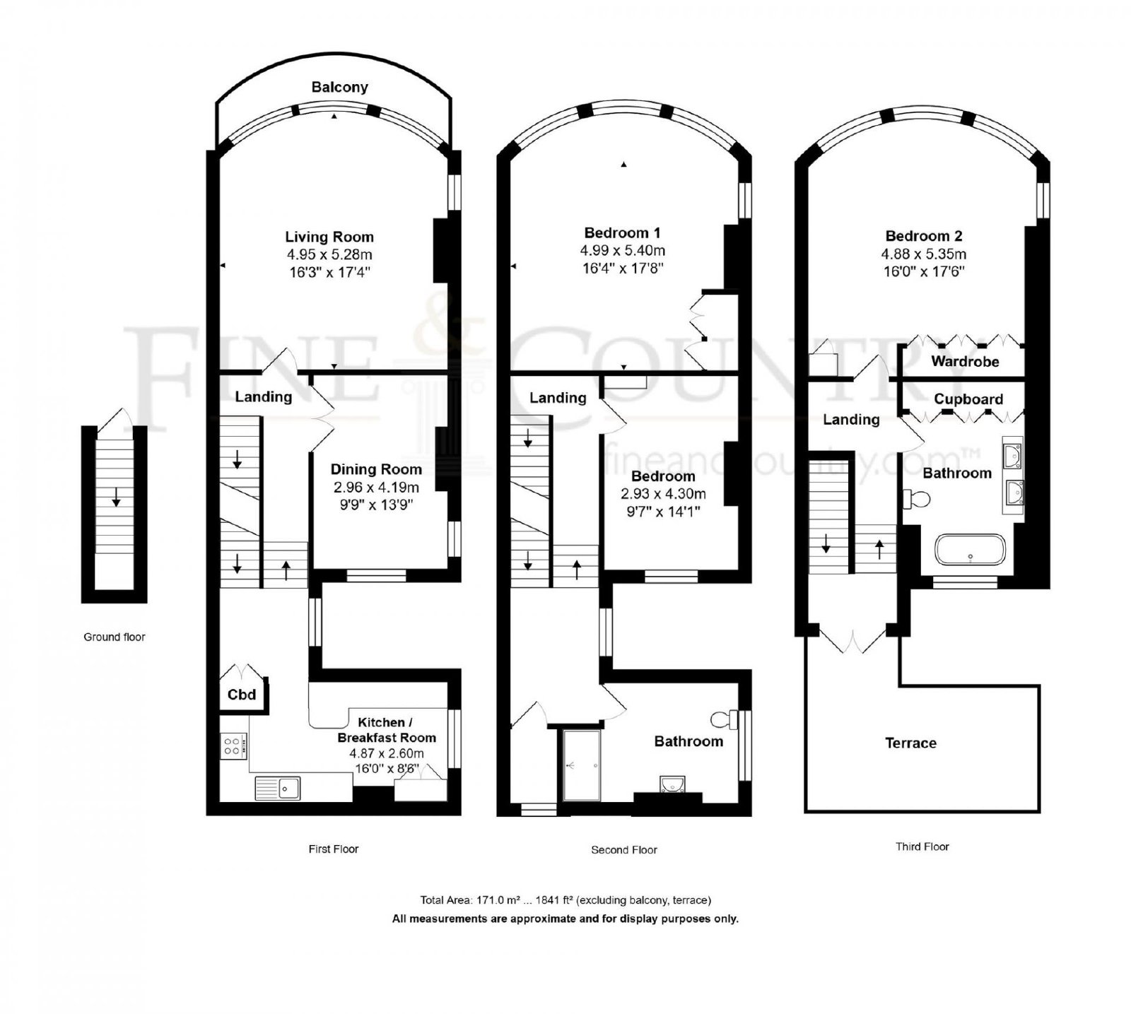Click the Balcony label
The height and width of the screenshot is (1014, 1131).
tap(339, 87)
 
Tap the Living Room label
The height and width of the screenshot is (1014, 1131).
tap(329, 237)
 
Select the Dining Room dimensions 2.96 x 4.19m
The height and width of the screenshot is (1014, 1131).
tap(376, 487)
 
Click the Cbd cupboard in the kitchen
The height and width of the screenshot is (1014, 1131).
tap(242, 694)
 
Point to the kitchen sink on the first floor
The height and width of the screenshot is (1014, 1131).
tap(278, 787)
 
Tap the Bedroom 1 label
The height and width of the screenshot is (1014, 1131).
tap(622, 232)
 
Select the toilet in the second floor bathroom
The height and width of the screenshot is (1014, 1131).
tap(722, 720)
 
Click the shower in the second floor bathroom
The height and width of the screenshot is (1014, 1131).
tap(581, 765)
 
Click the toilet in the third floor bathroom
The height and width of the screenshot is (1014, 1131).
tap(916, 498)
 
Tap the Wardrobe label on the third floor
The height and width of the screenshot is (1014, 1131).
tap(965, 362)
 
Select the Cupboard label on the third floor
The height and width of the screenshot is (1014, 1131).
tap(968, 399)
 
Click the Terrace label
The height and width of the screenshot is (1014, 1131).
tap(910, 743)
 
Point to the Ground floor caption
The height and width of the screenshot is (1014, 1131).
tap(115, 637)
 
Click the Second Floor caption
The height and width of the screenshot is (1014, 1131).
tap(624, 850)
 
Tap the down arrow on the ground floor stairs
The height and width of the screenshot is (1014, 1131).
tap(115, 497)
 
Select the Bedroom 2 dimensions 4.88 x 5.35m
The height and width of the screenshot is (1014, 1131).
tap(924, 254)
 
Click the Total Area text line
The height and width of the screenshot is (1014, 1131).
tap(565, 900)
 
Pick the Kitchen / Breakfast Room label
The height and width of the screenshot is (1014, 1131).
tap(387, 730)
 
